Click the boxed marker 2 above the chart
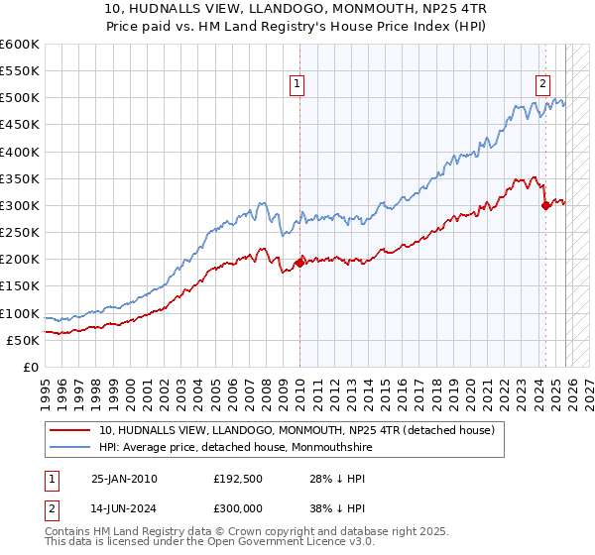[543, 84]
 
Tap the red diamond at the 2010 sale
[299, 263]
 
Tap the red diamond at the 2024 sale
[545, 205]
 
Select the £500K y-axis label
[20, 98]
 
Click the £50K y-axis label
[23, 340]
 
